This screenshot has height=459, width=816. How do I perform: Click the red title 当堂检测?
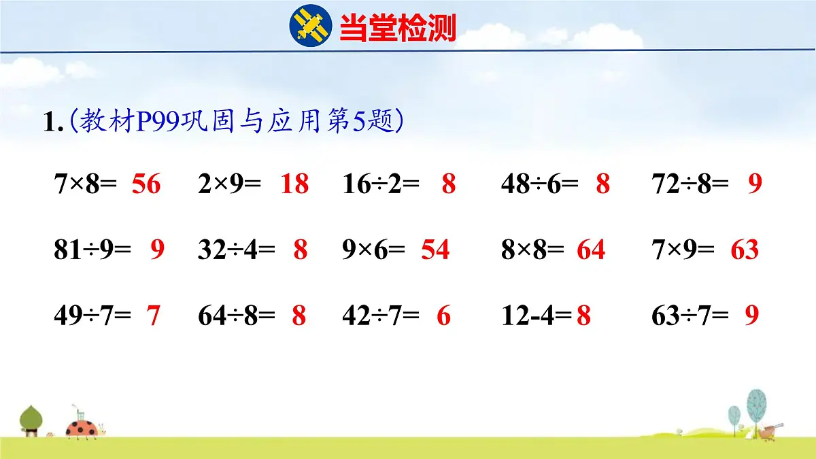click(x=397, y=29)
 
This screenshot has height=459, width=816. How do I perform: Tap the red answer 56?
click(x=146, y=184)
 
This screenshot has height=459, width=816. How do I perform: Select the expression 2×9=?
click(x=229, y=184)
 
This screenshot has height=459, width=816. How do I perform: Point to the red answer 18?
click(x=294, y=184)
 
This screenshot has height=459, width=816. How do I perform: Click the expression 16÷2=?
click(x=381, y=184)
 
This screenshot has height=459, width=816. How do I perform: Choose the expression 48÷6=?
click(x=539, y=184)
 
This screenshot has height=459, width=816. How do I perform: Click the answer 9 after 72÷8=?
click(x=755, y=184)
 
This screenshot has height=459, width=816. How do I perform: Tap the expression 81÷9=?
click(x=92, y=250)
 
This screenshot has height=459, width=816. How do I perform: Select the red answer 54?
click(x=435, y=250)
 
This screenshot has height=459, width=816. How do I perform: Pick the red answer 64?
click(x=591, y=250)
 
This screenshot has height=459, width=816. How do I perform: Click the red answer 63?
click(x=745, y=250)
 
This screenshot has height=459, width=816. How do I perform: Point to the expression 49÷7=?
click(x=92, y=316)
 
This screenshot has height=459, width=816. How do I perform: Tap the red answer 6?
click(x=443, y=316)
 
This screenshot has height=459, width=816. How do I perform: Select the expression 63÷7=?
click(x=690, y=316)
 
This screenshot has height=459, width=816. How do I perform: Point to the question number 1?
click(x=52, y=123)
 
